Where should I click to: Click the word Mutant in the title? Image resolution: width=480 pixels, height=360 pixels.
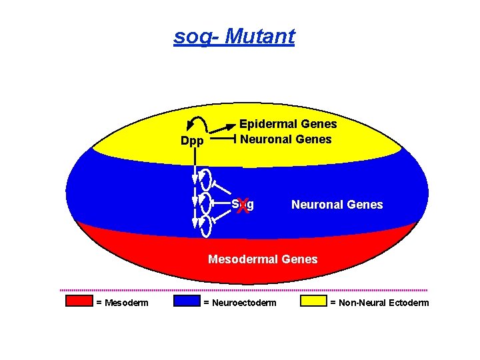click(x=260, y=36)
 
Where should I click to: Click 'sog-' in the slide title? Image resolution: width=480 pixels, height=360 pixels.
click(x=197, y=36)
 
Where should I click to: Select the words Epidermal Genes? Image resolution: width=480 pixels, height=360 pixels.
click(x=288, y=124)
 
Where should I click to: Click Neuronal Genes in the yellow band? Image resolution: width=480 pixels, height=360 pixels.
click(x=285, y=139)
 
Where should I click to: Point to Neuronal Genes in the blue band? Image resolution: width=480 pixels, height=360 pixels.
click(x=337, y=205)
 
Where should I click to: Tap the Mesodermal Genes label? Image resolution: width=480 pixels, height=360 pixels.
click(x=263, y=259)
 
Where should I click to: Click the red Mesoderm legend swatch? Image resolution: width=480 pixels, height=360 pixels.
click(x=79, y=301)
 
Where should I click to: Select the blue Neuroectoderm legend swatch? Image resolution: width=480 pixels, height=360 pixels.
click(x=187, y=301)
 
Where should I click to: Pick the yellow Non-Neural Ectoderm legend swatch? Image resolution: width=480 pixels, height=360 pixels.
click(x=314, y=301)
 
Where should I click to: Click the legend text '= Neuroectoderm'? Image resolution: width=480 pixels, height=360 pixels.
click(x=239, y=303)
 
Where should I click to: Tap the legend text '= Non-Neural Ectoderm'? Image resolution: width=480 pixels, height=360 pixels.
click(x=379, y=303)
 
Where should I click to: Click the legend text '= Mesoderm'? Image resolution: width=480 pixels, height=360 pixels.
click(x=122, y=303)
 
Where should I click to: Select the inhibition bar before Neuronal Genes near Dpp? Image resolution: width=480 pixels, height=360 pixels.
click(x=235, y=139)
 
